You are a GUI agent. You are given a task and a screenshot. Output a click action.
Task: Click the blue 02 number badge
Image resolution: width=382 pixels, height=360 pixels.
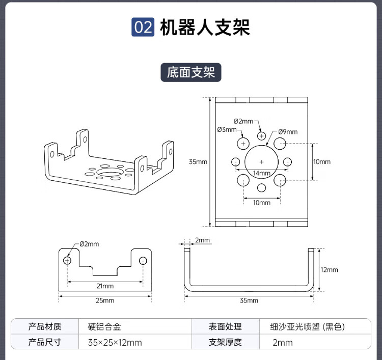(143, 27)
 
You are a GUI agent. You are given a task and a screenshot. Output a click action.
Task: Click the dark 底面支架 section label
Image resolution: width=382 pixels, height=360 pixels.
(191, 72)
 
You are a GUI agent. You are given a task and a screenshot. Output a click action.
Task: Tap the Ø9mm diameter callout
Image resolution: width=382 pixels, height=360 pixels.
(288, 132)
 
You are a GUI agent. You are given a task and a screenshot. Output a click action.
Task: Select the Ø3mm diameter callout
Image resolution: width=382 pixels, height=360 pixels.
(227, 130)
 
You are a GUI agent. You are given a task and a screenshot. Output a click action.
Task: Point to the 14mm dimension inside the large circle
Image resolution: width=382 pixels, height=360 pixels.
(262, 173)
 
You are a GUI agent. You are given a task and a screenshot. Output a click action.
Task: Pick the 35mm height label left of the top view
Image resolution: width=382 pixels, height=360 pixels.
(198, 162)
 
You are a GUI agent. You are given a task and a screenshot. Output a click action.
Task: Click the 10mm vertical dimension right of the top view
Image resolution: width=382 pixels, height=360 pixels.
(322, 162)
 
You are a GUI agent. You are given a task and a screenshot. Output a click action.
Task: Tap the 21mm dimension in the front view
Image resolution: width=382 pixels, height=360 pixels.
(105, 286)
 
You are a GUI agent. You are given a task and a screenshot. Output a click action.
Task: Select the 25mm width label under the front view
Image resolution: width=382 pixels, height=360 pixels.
(105, 300)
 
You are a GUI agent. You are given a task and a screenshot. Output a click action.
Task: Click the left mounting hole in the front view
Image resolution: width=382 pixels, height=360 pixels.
(67, 260)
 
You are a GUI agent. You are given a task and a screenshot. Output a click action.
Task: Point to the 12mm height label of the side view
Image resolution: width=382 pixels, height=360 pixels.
(330, 270)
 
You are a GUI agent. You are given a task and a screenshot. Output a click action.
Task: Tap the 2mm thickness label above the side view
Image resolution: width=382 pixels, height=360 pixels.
(202, 240)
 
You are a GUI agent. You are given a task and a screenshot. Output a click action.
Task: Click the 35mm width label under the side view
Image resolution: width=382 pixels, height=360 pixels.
(249, 300)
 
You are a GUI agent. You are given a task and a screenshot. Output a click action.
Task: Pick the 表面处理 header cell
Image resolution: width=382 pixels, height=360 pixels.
(225, 327)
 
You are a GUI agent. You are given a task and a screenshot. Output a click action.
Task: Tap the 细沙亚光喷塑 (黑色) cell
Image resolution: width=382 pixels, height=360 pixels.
(311, 327)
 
